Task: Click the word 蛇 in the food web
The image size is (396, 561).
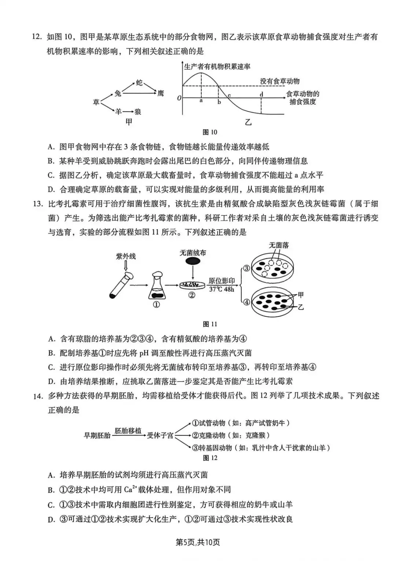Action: tap(139, 83)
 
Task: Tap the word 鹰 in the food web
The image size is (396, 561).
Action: tap(161, 94)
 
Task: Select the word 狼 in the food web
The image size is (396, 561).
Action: tap(138, 111)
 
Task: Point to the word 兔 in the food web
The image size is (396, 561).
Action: tap(118, 94)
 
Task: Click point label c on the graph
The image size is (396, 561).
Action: tap(229, 96)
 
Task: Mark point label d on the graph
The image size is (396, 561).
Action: tap(261, 94)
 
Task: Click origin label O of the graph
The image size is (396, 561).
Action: tap(179, 98)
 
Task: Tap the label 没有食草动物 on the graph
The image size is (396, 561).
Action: tap(280, 81)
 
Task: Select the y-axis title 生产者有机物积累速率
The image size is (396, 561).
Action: tap(217, 66)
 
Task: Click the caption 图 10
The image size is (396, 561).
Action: tap(210, 132)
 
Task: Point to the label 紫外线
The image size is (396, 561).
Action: tap(126, 256)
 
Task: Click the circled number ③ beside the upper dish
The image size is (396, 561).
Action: tap(246, 268)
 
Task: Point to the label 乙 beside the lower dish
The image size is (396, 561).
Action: tap(301, 307)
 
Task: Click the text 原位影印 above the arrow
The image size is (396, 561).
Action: tap(221, 281)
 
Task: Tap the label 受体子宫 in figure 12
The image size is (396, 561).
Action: tap(160, 435)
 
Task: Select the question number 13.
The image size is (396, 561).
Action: tap(38, 204)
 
